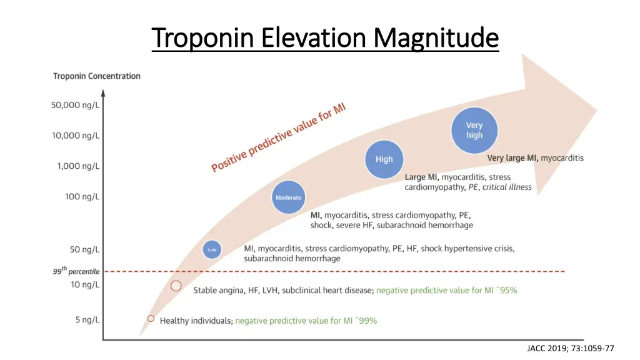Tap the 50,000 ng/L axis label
tap(74, 105)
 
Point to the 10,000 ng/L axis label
tap(74, 135)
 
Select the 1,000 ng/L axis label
tap(77, 166)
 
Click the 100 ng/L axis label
tap(82, 196)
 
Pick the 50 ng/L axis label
tap(84, 249)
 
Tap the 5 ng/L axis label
tap(87, 320)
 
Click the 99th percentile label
tap(76, 272)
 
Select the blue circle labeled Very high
tap(474, 131)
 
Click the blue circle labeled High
tap(384, 159)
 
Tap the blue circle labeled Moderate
tap(288, 197)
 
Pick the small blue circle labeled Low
tap(212, 250)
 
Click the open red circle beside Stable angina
tap(176, 286)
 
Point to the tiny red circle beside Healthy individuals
tap(151, 318)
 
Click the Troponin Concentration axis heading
tap(97, 76)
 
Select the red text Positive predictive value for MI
tap(278, 137)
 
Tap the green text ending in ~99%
tap(306, 321)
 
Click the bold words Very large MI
tap(512, 158)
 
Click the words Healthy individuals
tap(196, 321)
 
